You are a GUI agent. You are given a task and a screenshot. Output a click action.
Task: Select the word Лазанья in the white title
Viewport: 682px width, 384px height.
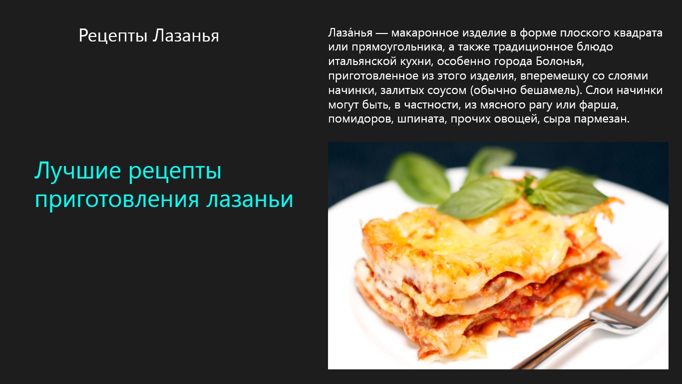(x=186, y=35)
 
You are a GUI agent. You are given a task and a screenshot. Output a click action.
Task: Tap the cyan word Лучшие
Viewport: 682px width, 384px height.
(x=78, y=170)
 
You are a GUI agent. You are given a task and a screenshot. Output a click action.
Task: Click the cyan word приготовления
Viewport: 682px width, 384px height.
(x=117, y=200)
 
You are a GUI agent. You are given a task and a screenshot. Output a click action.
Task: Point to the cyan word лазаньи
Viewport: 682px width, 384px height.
(x=250, y=199)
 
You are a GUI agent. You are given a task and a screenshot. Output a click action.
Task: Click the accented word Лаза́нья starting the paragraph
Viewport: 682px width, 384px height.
(x=350, y=32)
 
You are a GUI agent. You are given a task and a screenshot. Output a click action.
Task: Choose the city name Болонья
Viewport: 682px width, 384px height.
(x=559, y=61)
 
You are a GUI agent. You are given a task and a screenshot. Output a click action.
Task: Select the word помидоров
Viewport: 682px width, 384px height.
(x=361, y=119)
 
